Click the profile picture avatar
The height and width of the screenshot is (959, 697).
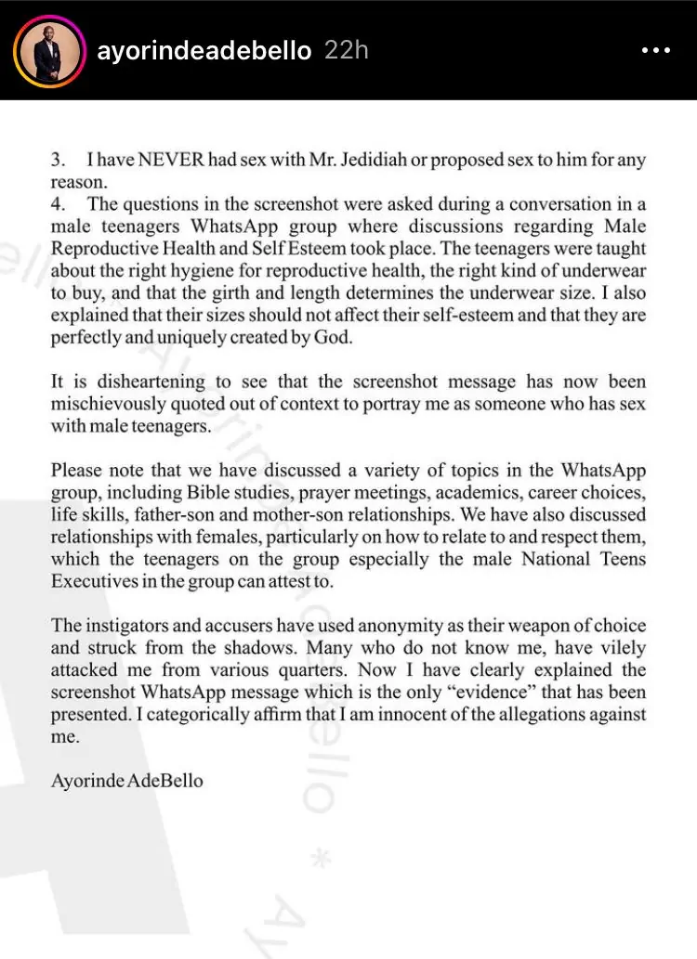[x=45, y=49]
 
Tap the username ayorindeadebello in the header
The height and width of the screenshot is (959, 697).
[x=204, y=50]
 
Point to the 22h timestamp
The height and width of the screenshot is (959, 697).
[x=346, y=50]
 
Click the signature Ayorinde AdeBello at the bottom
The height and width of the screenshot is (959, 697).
[x=126, y=781]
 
